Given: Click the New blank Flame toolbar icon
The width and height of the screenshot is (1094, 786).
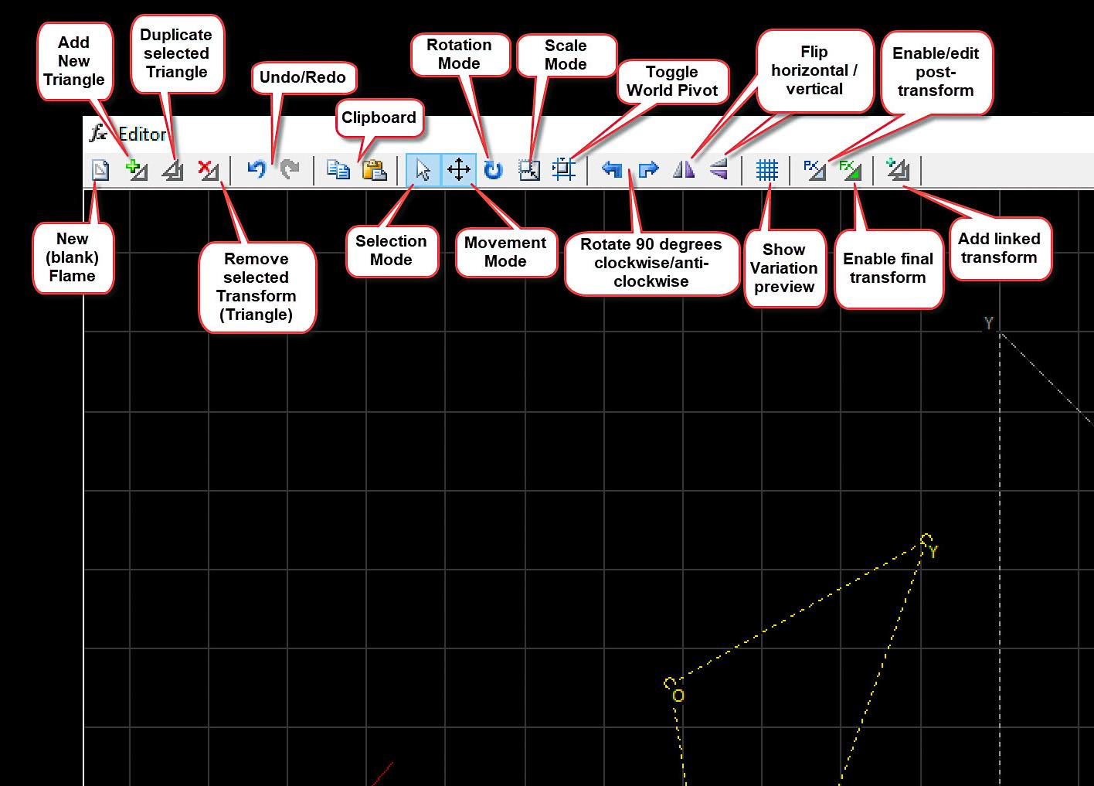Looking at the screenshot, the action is [100, 169].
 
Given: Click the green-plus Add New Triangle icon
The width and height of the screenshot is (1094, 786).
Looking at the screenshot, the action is [137, 169].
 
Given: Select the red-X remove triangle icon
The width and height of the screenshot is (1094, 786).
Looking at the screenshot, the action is [208, 169].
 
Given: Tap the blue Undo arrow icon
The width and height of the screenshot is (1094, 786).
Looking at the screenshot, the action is [257, 168].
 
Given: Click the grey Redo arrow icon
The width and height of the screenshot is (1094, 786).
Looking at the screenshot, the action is [290, 168].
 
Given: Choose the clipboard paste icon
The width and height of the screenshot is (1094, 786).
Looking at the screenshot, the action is [374, 169].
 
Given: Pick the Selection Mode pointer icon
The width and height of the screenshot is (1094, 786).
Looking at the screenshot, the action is [423, 169].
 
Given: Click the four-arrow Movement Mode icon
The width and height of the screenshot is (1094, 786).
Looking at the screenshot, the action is [459, 169].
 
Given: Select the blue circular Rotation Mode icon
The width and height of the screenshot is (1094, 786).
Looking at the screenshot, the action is [493, 169].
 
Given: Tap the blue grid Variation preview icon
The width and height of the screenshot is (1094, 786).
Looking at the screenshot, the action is [766, 169].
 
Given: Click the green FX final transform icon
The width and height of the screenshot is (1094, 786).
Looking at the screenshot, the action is [851, 169].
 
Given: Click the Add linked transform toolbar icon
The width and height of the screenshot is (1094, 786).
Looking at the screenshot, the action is [898, 169].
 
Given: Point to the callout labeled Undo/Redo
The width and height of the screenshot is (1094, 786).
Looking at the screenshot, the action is [303, 77].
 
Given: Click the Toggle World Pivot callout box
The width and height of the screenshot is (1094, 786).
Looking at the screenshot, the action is [672, 81].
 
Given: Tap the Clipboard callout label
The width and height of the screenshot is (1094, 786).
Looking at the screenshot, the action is [379, 117].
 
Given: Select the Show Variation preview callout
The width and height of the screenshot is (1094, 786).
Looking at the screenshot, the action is [784, 268].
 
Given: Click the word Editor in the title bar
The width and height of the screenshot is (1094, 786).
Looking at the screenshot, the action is [142, 134].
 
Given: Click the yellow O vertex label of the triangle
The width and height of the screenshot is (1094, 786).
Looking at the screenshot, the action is [678, 696].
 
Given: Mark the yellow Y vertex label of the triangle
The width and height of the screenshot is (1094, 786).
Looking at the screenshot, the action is [933, 552].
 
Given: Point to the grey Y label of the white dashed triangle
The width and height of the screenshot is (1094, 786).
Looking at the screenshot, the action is [988, 323].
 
